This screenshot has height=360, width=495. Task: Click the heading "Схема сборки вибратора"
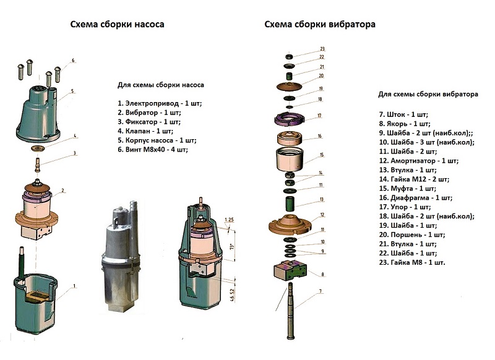tap(320, 25)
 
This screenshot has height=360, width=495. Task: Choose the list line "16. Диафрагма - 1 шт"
tap(415, 198)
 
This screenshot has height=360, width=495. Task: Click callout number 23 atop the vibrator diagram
tap(322, 49)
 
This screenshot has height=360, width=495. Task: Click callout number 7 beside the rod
tap(320, 290)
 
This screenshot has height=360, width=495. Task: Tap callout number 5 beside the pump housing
tap(72, 91)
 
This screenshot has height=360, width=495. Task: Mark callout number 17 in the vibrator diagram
tap(319, 115)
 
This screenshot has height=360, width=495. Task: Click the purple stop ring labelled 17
tap(288, 117)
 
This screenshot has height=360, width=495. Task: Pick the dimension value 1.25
tap(230, 220)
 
